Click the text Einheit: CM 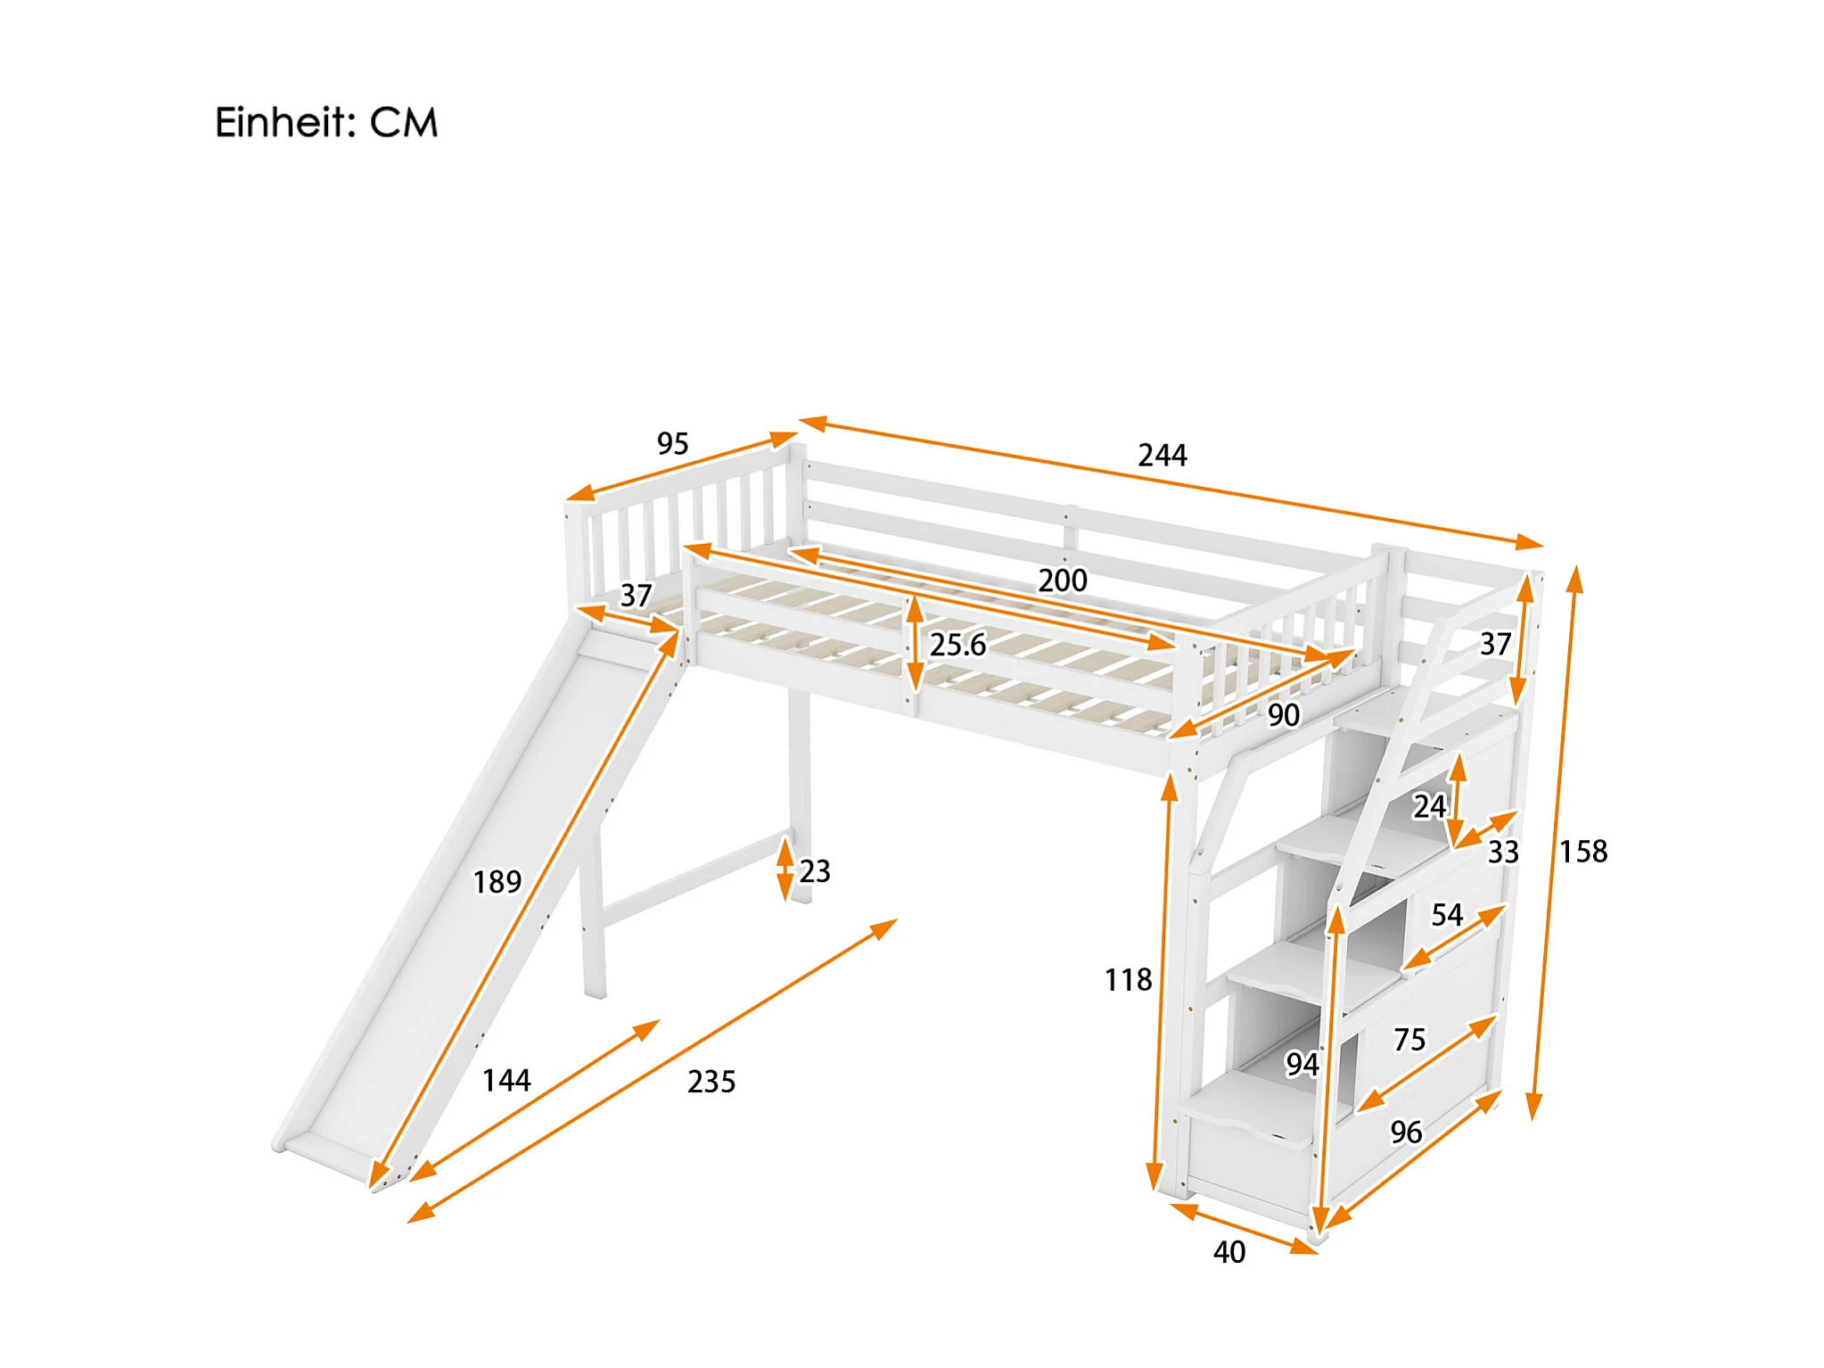326,123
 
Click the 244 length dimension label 1162,456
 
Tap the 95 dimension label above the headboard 673,443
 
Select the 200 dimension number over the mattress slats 1063,581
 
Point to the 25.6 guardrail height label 958,644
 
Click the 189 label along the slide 497,882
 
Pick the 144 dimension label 506,1081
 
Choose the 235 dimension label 711,1082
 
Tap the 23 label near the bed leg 815,871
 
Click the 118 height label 1129,980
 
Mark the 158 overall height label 1583,852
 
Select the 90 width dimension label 1284,715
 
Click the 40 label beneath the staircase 1229,1252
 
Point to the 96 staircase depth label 1407,1133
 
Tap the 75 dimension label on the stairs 1409,1040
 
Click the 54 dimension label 1447,915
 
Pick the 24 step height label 1429,806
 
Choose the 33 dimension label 1503,852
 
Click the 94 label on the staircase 1302,1064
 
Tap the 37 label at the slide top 637,595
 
